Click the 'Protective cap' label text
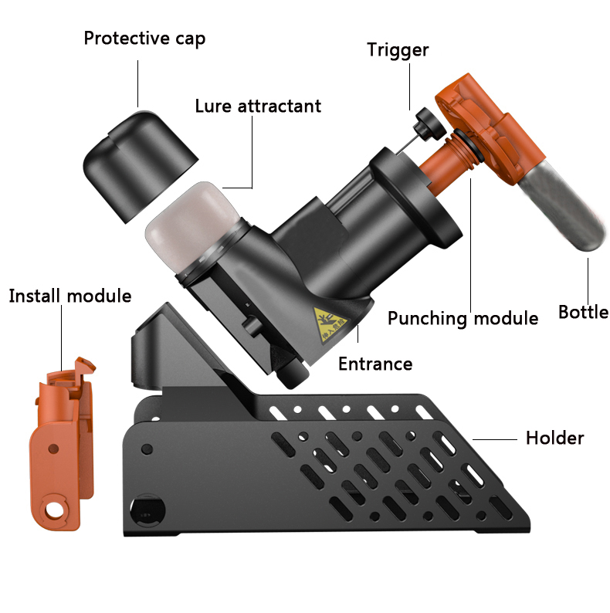(144, 39)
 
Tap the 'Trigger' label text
(398, 50)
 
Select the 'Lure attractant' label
(258, 106)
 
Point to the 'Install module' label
(70, 296)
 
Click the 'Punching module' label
(463, 318)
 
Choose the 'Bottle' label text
(584, 312)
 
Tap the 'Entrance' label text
(375, 364)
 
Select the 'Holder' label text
(555, 438)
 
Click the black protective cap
(140, 165)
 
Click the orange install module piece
(63, 444)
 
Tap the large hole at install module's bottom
(54, 510)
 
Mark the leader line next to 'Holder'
(495, 439)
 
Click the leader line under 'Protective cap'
(137, 83)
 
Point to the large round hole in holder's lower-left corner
(147, 510)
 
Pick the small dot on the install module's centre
(53, 449)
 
